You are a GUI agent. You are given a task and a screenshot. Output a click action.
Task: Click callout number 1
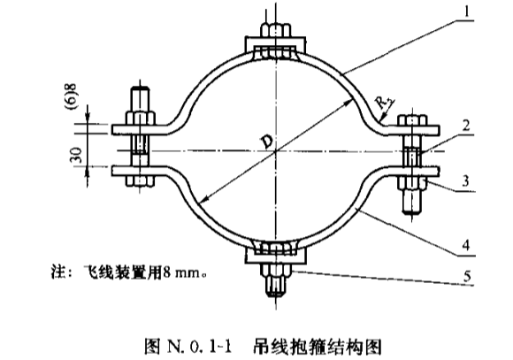pyautogui.click(x=466, y=11)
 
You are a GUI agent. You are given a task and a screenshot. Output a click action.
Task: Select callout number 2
pyautogui.click(x=466, y=126)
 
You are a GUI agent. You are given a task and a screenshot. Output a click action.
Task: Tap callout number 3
pyautogui.click(x=465, y=181)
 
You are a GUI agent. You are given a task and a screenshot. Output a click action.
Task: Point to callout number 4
pyautogui.click(x=466, y=244)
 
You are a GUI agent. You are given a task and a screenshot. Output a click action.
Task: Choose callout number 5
pyautogui.click(x=467, y=276)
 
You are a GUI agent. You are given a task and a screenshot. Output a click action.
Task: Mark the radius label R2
pyautogui.click(x=385, y=103)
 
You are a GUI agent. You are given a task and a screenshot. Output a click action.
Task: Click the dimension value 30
pyautogui.click(x=77, y=155)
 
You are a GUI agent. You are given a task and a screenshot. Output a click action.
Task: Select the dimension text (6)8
pyautogui.click(x=73, y=96)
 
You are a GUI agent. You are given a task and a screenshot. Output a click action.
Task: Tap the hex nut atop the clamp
pyautogui.click(x=275, y=31)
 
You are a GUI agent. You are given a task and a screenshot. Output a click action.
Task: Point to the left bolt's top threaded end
pyautogui.click(x=141, y=99)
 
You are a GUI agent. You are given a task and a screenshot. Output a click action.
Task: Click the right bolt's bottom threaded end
pyautogui.click(x=411, y=202)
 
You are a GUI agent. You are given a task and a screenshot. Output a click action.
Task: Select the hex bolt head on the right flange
pyautogui.click(x=412, y=119)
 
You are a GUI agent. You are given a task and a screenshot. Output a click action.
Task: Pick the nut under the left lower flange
pyautogui.click(x=141, y=180)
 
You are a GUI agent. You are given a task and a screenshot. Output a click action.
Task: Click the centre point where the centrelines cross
pyautogui.click(x=275, y=151)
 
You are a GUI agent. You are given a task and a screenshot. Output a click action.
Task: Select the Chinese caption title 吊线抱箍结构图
pyautogui.click(x=317, y=346)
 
